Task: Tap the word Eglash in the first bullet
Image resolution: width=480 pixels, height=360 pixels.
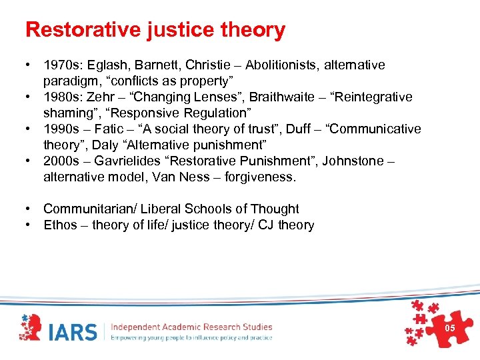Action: pos(106,65)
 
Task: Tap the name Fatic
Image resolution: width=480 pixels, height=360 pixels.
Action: pos(112,129)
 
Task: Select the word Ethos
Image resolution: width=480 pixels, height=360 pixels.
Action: pos(60,225)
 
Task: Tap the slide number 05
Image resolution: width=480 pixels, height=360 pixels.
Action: pos(449,328)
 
